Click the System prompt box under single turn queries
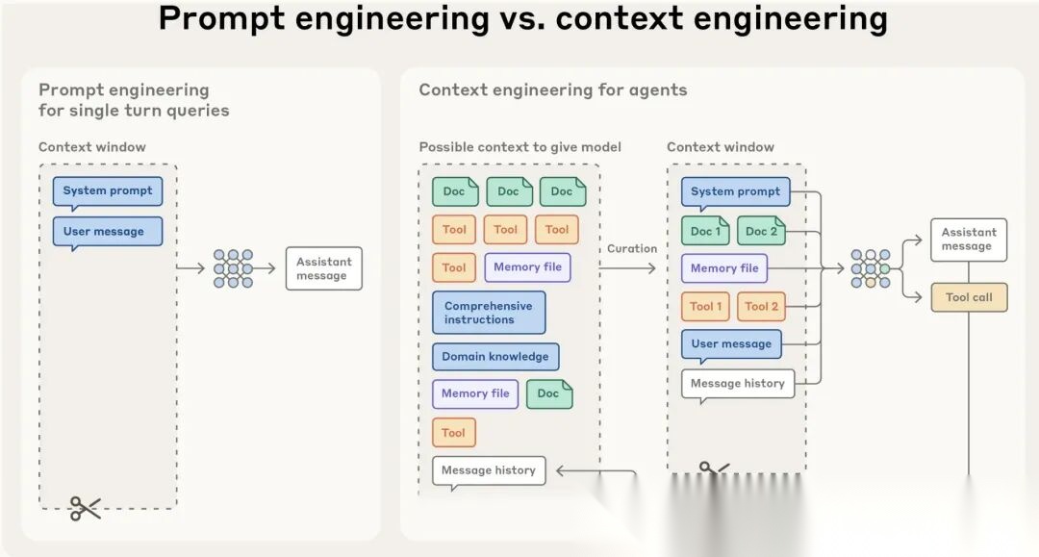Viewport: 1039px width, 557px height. [x=108, y=191]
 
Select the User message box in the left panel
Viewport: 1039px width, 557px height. [x=108, y=232]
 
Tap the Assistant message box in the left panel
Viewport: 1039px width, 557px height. [x=323, y=268]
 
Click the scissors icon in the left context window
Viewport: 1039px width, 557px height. [x=85, y=508]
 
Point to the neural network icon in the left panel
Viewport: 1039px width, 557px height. [x=233, y=268]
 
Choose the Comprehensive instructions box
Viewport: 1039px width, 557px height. [x=489, y=313]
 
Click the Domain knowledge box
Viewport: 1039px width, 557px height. [x=495, y=357]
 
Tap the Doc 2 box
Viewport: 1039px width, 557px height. [x=761, y=231]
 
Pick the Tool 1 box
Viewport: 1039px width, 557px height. [x=705, y=307]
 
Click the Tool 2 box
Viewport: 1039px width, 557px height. [x=761, y=307]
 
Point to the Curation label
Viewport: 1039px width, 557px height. [x=632, y=248]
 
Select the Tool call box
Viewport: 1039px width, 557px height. [x=968, y=298]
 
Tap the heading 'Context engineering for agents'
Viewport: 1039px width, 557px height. [x=553, y=90]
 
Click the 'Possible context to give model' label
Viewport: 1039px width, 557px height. [x=519, y=147]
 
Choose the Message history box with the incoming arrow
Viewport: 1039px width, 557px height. [x=489, y=471]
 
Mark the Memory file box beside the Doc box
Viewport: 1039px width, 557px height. [x=475, y=393]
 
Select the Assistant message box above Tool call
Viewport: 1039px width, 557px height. [x=968, y=240]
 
